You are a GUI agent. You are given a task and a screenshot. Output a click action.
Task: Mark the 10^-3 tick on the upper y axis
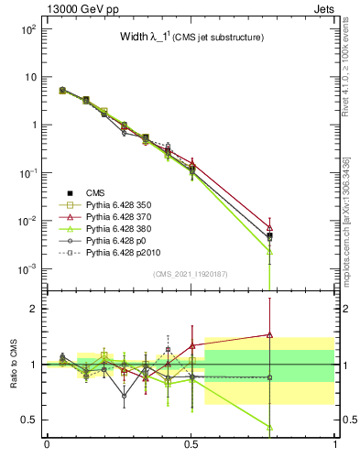tap(27, 268)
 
